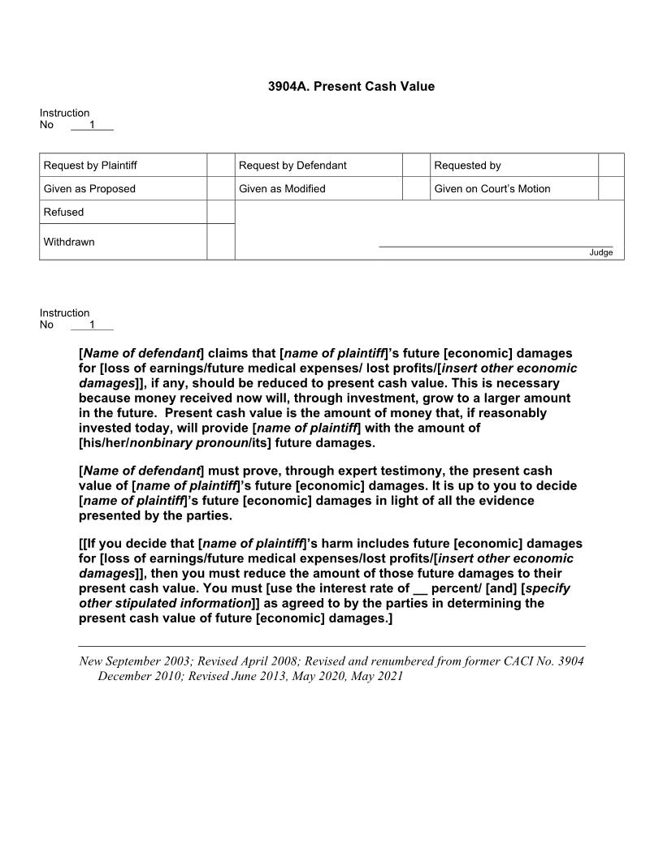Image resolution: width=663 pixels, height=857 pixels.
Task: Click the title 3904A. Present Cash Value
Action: [x=351, y=86]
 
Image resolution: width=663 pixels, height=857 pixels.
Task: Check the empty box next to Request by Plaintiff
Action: [x=220, y=166]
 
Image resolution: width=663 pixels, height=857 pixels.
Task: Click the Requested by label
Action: [x=467, y=166]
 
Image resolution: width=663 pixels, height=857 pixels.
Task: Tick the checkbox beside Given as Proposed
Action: [x=220, y=188]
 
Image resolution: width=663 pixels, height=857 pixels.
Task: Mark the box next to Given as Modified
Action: [x=415, y=188]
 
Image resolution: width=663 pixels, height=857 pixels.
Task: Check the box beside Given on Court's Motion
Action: [x=611, y=188]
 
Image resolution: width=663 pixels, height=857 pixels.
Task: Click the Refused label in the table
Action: [x=63, y=212]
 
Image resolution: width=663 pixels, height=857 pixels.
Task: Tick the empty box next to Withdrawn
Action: [x=220, y=242]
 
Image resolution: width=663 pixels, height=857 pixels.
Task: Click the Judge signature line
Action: [x=496, y=245]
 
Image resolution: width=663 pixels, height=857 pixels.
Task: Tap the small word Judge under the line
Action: [x=600, y=252]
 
